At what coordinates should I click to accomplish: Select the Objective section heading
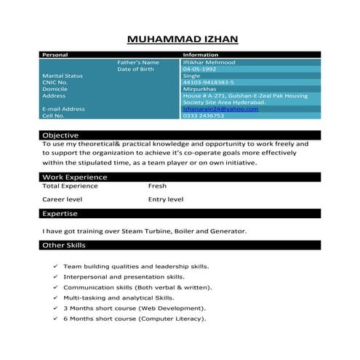(60, 136)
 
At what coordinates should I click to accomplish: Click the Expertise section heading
(60, 214)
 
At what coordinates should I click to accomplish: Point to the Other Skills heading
(64, 247)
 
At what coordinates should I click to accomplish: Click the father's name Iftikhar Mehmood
(209, 63)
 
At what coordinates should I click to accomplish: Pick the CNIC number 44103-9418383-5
(209, 82)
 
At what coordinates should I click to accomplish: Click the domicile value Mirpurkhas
(200, 89)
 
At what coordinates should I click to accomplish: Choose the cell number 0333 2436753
(204, 116)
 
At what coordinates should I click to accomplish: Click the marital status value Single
(191, 76)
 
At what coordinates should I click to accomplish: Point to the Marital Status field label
(63, 76)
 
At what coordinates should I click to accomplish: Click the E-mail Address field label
(64, 109)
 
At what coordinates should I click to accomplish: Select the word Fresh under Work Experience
(157, 186)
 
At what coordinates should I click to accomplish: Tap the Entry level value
(166, 199)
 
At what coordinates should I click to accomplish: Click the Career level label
(62, 199)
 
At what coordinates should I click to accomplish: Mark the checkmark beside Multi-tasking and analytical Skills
(56, 298)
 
